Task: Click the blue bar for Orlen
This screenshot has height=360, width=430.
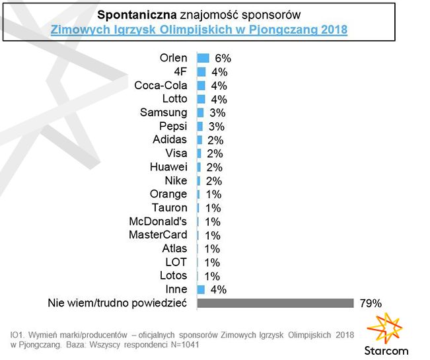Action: click(203, 58)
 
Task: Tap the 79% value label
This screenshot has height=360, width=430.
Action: click(371, 303)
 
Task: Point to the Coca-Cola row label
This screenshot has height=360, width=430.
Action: click(161, 85)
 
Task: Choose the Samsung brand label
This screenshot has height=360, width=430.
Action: click(164, 112)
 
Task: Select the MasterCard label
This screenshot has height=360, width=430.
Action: click(159, 234)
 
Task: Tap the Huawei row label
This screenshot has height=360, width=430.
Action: click(169, 167)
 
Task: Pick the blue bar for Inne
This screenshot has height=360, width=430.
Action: click(201, 289)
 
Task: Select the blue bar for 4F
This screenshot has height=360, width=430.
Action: click(201, 72)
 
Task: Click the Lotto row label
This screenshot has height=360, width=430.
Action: click(174, 99)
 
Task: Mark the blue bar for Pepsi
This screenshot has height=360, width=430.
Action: click(200, 126)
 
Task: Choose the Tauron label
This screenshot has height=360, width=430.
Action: click(170, 207)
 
